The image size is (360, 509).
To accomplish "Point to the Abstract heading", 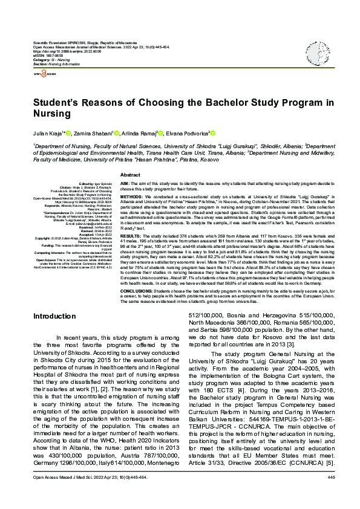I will (x=131, y=174).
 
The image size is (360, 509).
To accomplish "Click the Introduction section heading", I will (x=54, y=316).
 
